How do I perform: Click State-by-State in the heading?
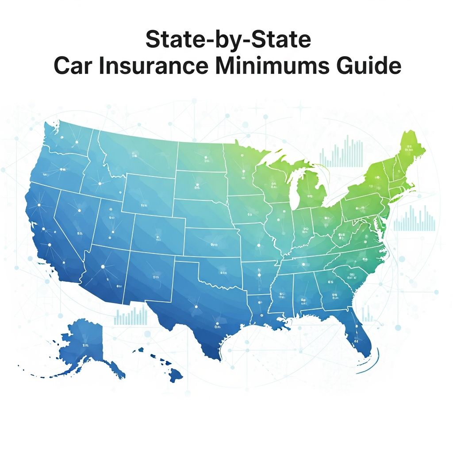click(228, 40)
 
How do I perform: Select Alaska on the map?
click(86, 345)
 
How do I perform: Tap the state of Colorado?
click(157, 234)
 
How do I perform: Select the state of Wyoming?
click(146, 195)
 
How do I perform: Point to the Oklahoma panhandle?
click(188, 264)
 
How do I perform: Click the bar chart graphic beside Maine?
click(341, 153)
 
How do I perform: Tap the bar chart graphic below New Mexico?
click(131, 316)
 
